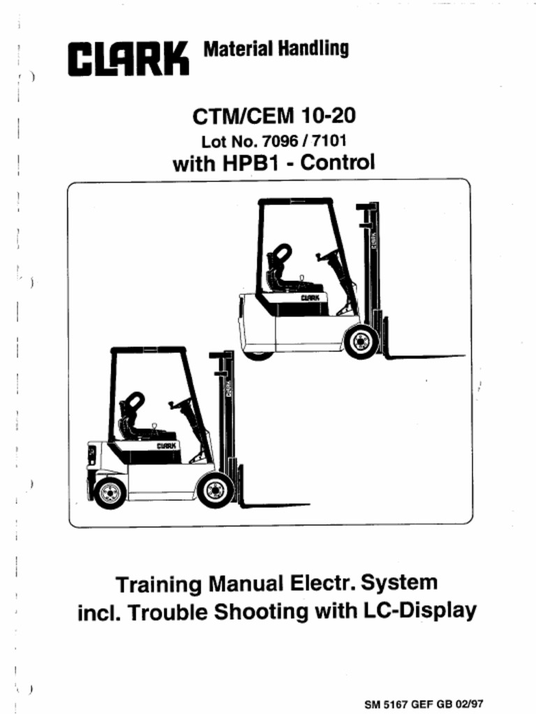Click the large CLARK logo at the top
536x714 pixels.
(129, 58)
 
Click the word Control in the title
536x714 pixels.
(341, 164)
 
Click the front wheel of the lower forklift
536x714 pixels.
(215, 489)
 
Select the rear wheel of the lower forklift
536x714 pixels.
(110, 492)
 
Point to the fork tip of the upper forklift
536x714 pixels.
(463, 356)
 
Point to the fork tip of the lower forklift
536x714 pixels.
(308, 504)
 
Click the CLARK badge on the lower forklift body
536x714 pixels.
(166, 446)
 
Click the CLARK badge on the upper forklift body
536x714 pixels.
(311, 298)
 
